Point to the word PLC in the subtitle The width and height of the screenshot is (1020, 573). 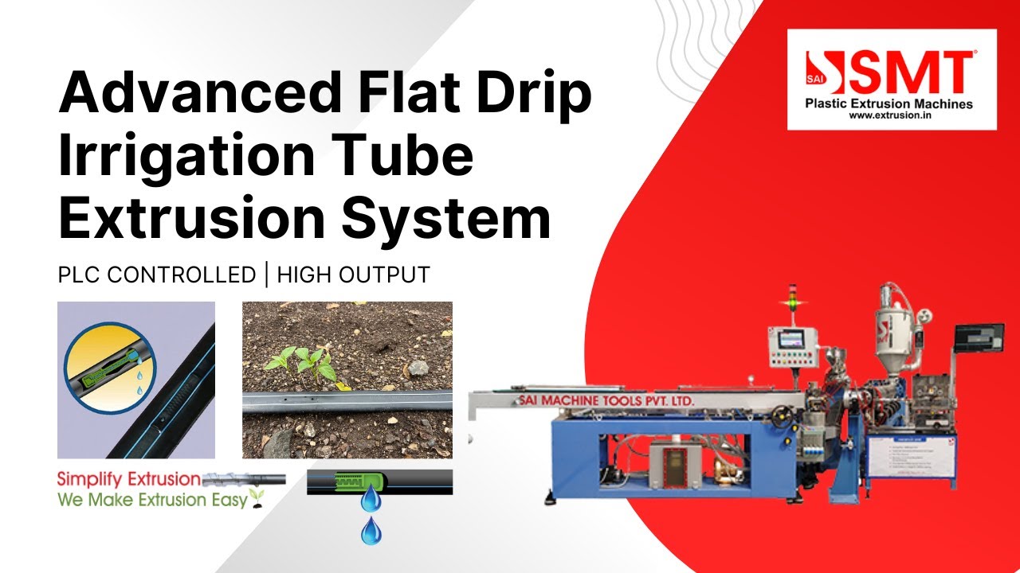coord(79,275)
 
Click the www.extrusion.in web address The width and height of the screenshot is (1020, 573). coord(891,115)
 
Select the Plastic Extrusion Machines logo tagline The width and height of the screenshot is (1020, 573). coord(889,103)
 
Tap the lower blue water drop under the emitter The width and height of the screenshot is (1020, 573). coord(371,531)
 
